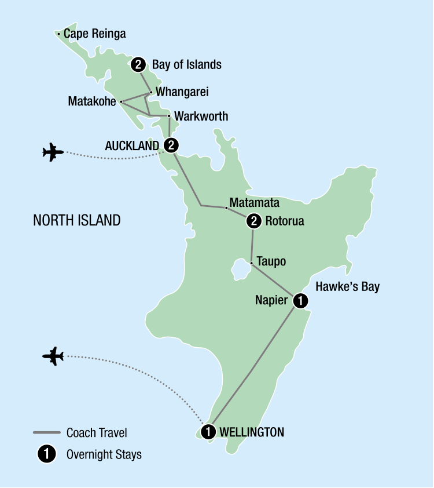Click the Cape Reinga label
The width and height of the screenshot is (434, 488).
click(x=94, y=34)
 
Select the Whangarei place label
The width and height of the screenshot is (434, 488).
click(x=182, y=92)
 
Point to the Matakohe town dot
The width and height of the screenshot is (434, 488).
click(x=121, y=101)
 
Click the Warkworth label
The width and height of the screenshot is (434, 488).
click(x=201, y=116)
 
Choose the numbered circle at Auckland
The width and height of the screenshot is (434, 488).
click(x=171, y=144)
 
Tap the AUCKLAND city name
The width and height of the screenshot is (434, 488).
click(x=131, y=144)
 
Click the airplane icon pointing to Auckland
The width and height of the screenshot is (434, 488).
click(x=53, y=152)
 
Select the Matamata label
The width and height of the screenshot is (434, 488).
click(x=254, y=203)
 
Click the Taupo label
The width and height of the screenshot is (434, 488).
click(x=271, y=262)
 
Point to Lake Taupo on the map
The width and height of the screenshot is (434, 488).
click(x=238, y=269)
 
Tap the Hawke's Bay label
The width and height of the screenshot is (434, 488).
click(x=347, y=287)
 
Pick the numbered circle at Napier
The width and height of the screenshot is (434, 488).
click(x=300, y=300)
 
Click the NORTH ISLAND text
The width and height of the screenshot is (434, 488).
click(x=77, y=220)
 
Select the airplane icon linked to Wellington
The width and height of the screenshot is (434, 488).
click(x=53, y=355)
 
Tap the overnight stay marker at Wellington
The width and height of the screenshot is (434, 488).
click(x=208, y=432)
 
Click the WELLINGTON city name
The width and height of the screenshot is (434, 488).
click(x=252, y=432)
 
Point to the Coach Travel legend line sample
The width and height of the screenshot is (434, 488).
click(x=46, y=432)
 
